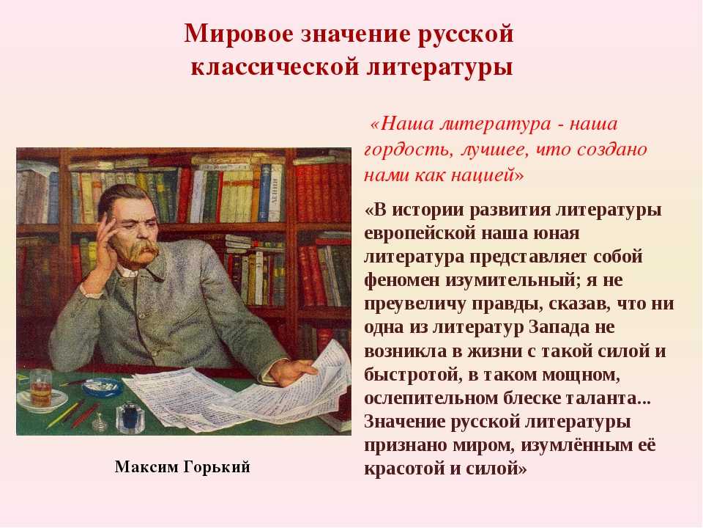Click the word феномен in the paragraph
click(403, 281)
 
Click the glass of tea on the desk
click(40, 389)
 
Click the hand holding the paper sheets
click(293, 371)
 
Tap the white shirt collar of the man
click(127, 271)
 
